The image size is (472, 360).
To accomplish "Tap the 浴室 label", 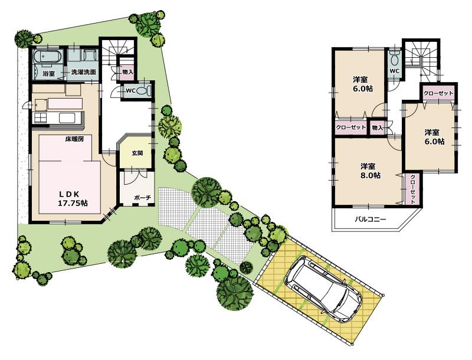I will click(x=48, y=74).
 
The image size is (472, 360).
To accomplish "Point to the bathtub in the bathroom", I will click(x=47, y=58).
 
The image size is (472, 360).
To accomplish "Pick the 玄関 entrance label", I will click(x=137, y=153).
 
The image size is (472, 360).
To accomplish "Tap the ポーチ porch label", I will click(x=142, y=197).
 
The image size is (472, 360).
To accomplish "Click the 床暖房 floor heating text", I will click(x=74, y=139).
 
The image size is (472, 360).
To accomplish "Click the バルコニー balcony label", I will click(x=370, y=220).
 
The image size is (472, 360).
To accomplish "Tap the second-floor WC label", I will click(x=395, y=71).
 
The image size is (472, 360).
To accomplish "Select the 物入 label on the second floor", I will click(x=378, y=127).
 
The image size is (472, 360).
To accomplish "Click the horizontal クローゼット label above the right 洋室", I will click(x=438, y=93).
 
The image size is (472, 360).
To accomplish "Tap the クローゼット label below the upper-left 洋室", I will click(x=350, y=127).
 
